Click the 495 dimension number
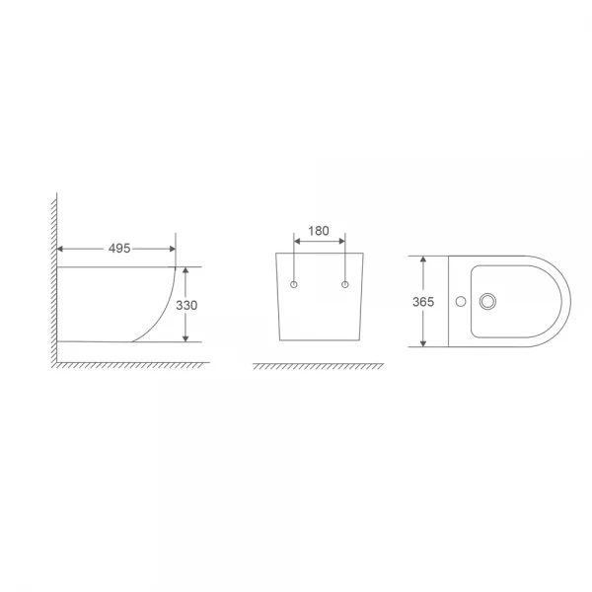pyautogui.click(x=119, y=249)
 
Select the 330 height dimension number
pyautogui.click(x=186, y=306)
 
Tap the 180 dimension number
pyautogui.click(x=319, y=231)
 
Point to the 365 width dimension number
pyautogui.click(x=423, y=303)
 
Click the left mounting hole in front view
pyautogui.click(x=295, y=285)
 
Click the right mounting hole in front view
pyautogui.click(x=344, y=285)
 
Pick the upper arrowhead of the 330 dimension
pyautogui.click(x=185, y=271)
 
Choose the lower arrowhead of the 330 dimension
pyautogui.click(x=185, y=337)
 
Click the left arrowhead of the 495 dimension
pyautogui.click(x=62, y=249)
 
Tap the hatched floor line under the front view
pyautogui.click(x=319, y=366)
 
